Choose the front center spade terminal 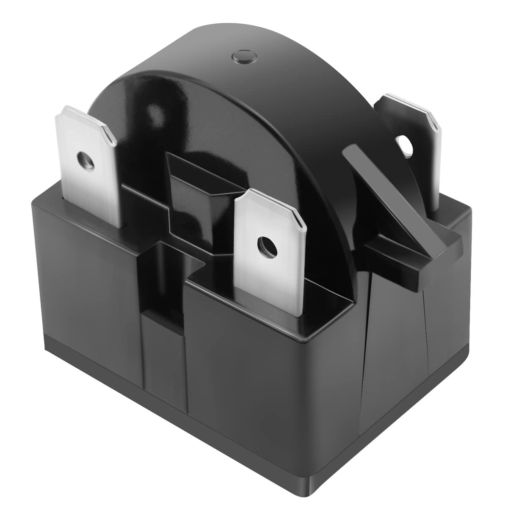click(271, 250)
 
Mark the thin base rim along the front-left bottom click(169, 419)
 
